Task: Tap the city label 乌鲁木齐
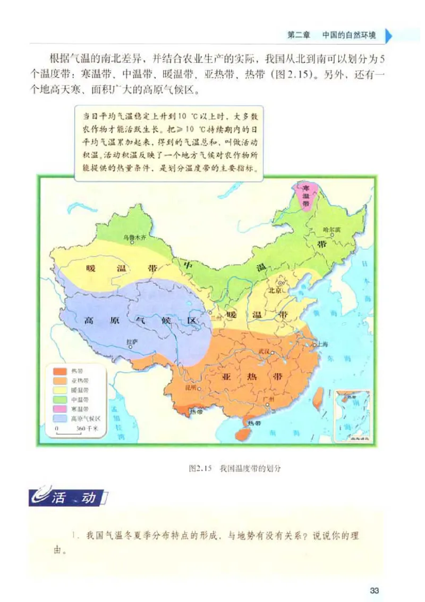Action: (x=134, y=237)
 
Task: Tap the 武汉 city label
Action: (x=264, y=352)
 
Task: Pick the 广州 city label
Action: (x=267, y=399)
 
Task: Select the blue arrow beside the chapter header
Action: (x=389, y=36)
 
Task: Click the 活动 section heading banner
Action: (x=69, y=499)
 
